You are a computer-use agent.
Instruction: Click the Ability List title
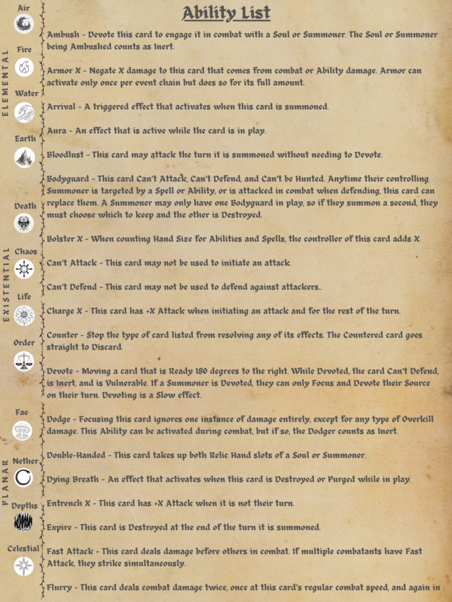[226, 12]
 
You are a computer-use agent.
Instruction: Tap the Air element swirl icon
[24, 23]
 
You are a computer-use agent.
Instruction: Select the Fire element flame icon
[24, 67]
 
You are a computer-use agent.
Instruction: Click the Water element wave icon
[24, 112]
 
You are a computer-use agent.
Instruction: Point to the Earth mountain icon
[24, 157]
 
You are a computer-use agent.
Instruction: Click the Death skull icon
[24, 223]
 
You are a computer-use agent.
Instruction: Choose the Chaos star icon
[24, 269]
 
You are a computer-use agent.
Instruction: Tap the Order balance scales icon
[24, 360]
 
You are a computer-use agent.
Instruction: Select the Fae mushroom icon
[22, 430]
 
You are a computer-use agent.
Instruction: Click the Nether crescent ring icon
[24, 477]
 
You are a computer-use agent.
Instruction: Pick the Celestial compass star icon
[24, 566]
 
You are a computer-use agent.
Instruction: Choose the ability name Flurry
[59, 587]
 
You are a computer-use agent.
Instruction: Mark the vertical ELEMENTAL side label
[5, 83]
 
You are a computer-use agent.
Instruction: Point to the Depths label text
[24, 506]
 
